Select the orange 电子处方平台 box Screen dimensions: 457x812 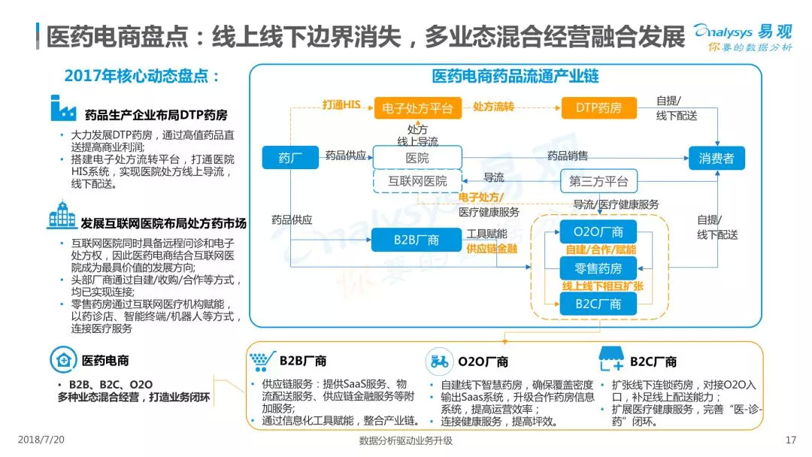(x=417, y=107)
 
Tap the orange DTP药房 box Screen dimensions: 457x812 (x=598, y=107)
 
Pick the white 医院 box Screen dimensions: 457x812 (x=417, y=158)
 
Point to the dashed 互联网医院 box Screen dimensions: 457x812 (x=417, y=180)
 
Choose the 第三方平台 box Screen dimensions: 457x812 (x=598, y=180)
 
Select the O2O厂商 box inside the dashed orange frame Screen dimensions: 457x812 (x=598, y=232)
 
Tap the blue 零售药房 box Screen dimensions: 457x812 (x=598, y=267)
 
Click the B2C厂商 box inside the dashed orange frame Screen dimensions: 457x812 (x=598, y=304)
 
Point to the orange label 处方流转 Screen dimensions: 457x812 (x=493, y=107)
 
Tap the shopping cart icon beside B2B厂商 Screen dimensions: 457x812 (x=259, y=361)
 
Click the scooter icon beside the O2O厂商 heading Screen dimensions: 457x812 (x=439, y=362)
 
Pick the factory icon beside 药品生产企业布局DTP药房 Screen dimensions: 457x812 (x=63, y=109)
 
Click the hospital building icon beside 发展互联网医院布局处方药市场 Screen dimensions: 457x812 (x=62, y=215)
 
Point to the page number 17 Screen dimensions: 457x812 (x=789, y=440)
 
